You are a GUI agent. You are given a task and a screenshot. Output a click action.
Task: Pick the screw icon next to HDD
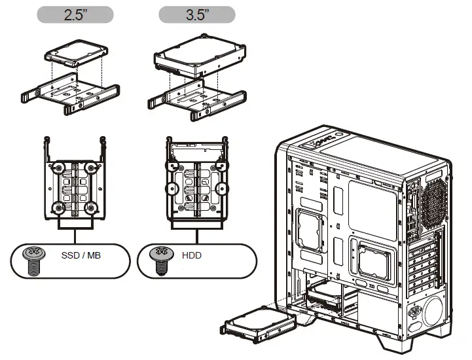click(x=158, y=259)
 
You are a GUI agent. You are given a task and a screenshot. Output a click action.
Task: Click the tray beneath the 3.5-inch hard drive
click(x=196, y=101)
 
